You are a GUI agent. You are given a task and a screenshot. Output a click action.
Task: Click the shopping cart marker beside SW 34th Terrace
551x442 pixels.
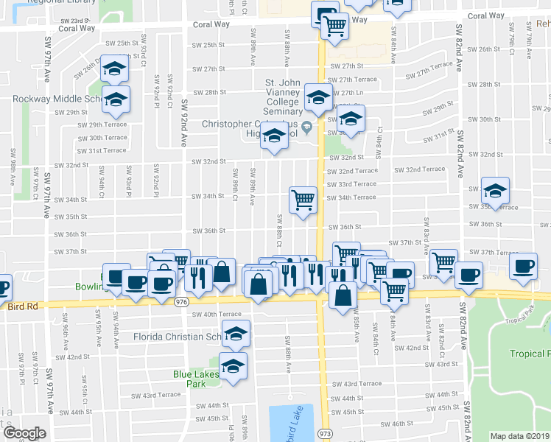coord(303,200)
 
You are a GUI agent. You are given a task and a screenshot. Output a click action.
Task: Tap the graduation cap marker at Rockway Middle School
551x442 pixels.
coord(116,99)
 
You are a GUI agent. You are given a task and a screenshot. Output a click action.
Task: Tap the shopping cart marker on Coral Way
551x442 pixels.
coord(334,27)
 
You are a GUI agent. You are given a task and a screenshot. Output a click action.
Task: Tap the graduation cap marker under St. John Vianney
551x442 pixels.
coord(318,99)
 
